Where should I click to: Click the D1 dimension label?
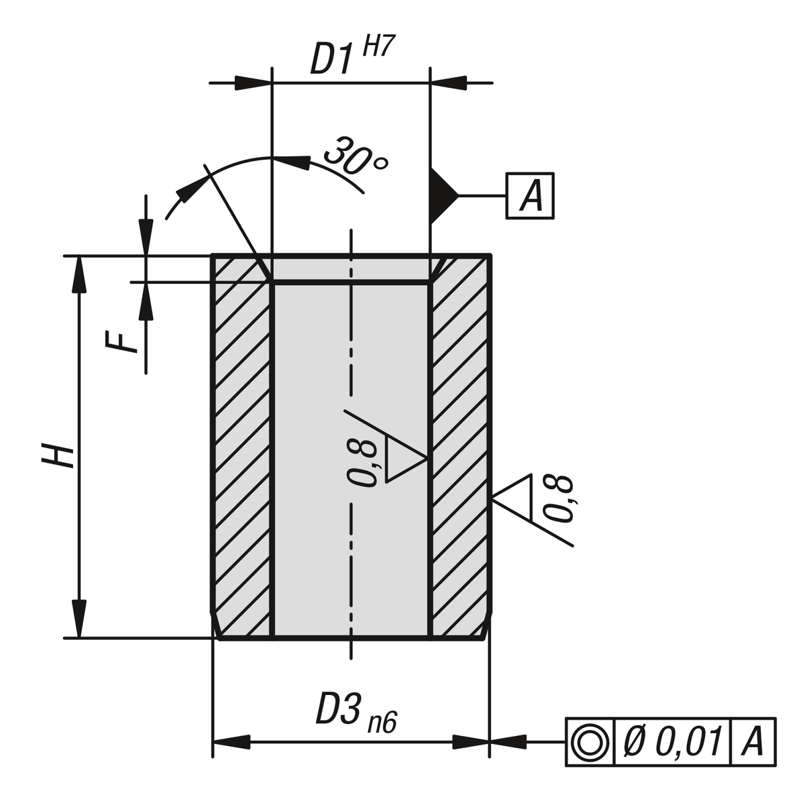tap(331, 59)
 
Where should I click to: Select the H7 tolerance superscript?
tap(377, 49)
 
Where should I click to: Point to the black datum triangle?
tap(441, 195)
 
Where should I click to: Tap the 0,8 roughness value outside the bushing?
tap(558, 498)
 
